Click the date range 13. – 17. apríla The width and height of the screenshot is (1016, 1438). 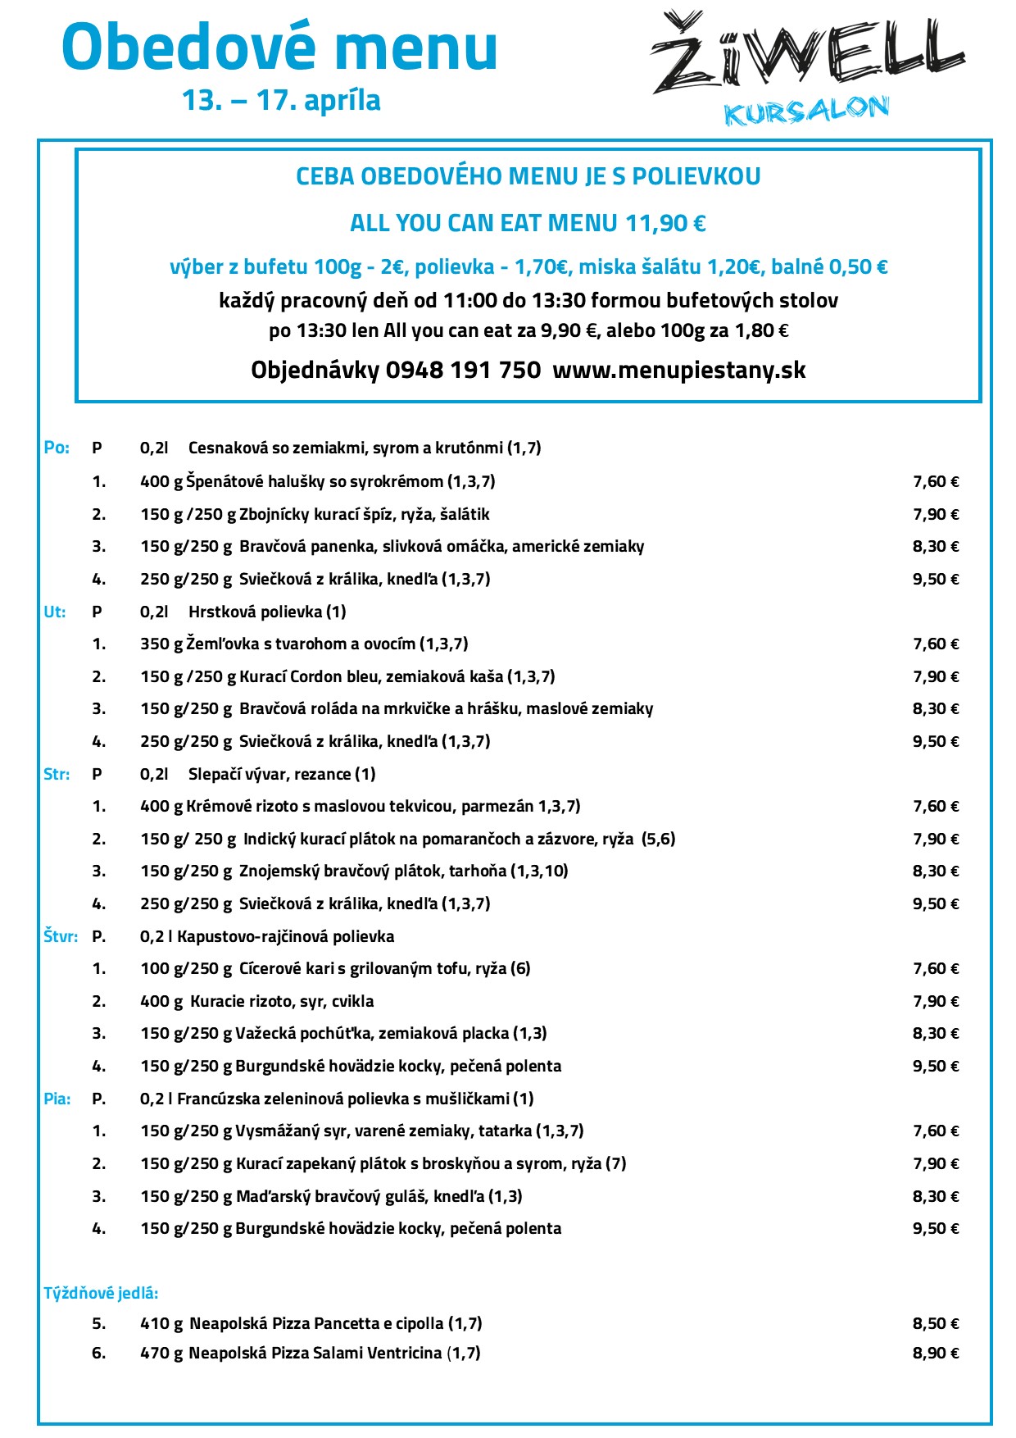pyautogui.click(x=281, y=100)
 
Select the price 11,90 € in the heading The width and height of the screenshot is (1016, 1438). pyautogui.click(x=665, y=223)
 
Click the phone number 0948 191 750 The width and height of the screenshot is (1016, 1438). pyautogui.click(x=463, y=370)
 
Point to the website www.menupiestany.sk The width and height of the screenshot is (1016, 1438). pyautogui.click(x=679, y=370)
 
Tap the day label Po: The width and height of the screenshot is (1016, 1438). pyautogui.click(x=57, y=448)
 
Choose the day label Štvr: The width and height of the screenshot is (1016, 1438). pyautogui.click(x=61, y=936)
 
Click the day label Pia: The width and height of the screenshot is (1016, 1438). pyautogui.click(x=57, y=1099)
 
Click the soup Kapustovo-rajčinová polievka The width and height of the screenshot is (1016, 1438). pyautogui.click(x=285, y=936)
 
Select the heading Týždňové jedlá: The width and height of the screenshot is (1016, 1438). pyautogui.click(x=101, y=1293)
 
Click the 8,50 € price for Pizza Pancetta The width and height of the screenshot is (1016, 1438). pyautogui.click(x=936, y=1323)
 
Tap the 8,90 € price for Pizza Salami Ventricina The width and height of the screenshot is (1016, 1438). pyautogui.click(x=936, y=1353)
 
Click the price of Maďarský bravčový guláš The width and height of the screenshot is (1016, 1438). pyautogui.click(x=936, y=1196)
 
